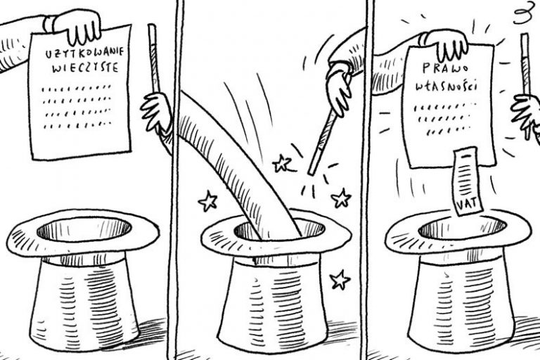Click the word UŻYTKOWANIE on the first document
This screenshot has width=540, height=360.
(x=84, y=53)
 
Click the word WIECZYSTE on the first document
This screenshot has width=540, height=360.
(x=85, y=67)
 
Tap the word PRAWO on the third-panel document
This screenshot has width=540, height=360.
(x=445, y=68)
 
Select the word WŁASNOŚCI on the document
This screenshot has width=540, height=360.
(x=446, y=86)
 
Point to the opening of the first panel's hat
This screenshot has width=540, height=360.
(x=84, y=229)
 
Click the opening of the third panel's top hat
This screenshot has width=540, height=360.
(x=462, y=228)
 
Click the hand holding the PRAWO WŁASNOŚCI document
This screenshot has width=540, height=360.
(x=444, y=44)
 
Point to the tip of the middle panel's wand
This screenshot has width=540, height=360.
(x=311, y=173)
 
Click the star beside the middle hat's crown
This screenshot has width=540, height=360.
(x=340, y=280)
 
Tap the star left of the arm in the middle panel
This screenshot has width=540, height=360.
(x=208, y=201)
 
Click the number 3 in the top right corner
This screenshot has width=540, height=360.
(x=522, y=15)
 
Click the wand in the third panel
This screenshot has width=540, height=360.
(x=526, y=86)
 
